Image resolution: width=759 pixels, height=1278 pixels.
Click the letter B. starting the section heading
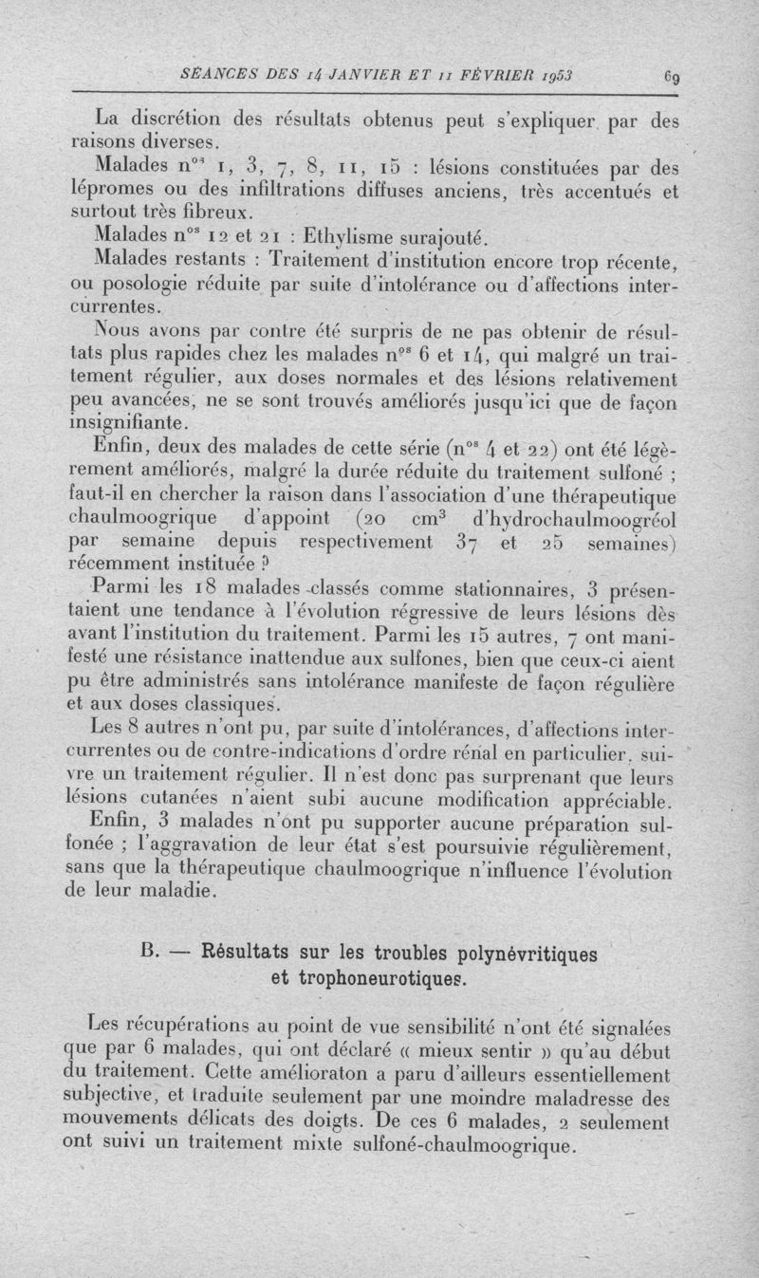click(x=151, y=953)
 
